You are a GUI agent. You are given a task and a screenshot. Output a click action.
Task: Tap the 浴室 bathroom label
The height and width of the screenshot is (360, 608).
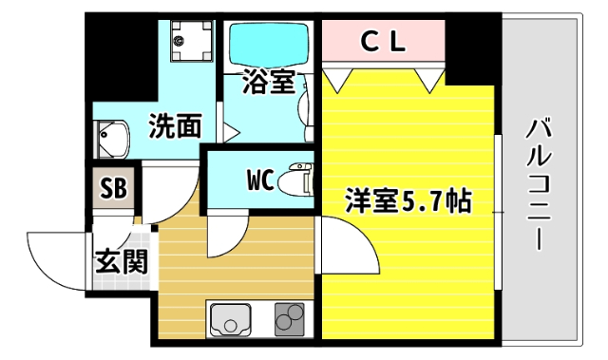[x=268, y=82]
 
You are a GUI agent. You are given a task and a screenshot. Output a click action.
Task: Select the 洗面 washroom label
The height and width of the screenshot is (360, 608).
[x=176, y=123]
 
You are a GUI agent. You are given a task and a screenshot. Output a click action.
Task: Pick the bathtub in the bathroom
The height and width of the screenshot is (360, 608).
[x=267, y=42]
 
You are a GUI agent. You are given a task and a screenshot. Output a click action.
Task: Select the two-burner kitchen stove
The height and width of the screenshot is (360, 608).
[x=291, y=319]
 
